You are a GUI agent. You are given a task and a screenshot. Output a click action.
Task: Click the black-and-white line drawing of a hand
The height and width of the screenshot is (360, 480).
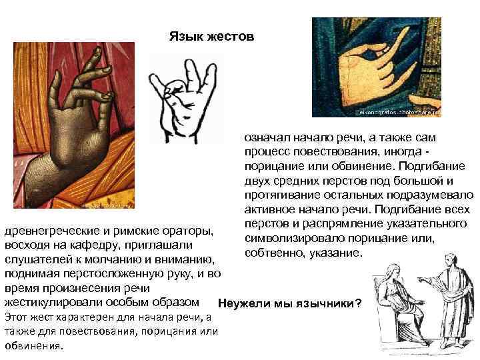pyautogui.click(x=181, y=91)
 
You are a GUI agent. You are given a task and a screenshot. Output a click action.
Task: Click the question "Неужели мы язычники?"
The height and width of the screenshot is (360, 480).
pyautogui.click(x=290, y=304)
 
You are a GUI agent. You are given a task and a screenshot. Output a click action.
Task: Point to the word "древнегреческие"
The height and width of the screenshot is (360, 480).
pyautogui.click(x=47, y=232)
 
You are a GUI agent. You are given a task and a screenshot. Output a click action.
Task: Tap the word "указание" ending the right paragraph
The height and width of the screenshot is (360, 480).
pyautogui.click(x=336, y=254)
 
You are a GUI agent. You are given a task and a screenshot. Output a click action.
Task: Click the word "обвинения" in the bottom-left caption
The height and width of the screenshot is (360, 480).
pyautogui.click(x=33, y=346)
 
